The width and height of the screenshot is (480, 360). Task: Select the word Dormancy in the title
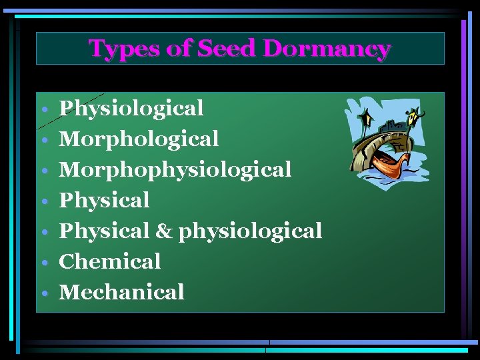tap(326, 49)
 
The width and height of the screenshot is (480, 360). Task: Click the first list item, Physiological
tap(131, 108)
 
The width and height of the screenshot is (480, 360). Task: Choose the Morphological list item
tap(139, 139)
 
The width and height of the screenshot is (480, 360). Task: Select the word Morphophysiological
tap(175, 169)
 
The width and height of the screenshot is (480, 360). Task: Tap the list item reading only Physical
tap(105, 200)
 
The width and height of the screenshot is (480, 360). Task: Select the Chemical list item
tap(110, 261)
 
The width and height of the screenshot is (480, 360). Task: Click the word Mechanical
tap(121, 292)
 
